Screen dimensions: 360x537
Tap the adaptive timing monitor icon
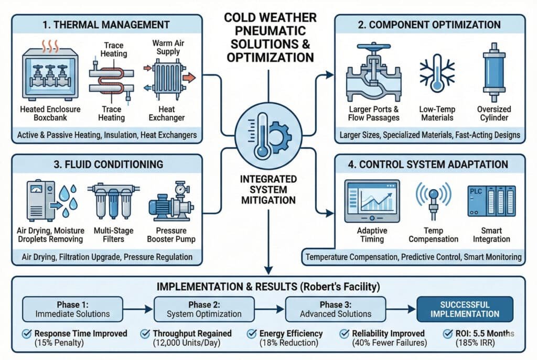pyautogui.click(x=372, y=201)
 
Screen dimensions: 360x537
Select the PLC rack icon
pyautogui.click(x=491, y=201)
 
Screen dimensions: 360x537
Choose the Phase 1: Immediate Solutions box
pyautogui.click(x=72, y=309)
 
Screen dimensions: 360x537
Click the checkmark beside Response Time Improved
pyautogui.click(x=26, y=334)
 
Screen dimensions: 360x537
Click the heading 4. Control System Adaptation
pyautogui.click(x=429, y=164)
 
